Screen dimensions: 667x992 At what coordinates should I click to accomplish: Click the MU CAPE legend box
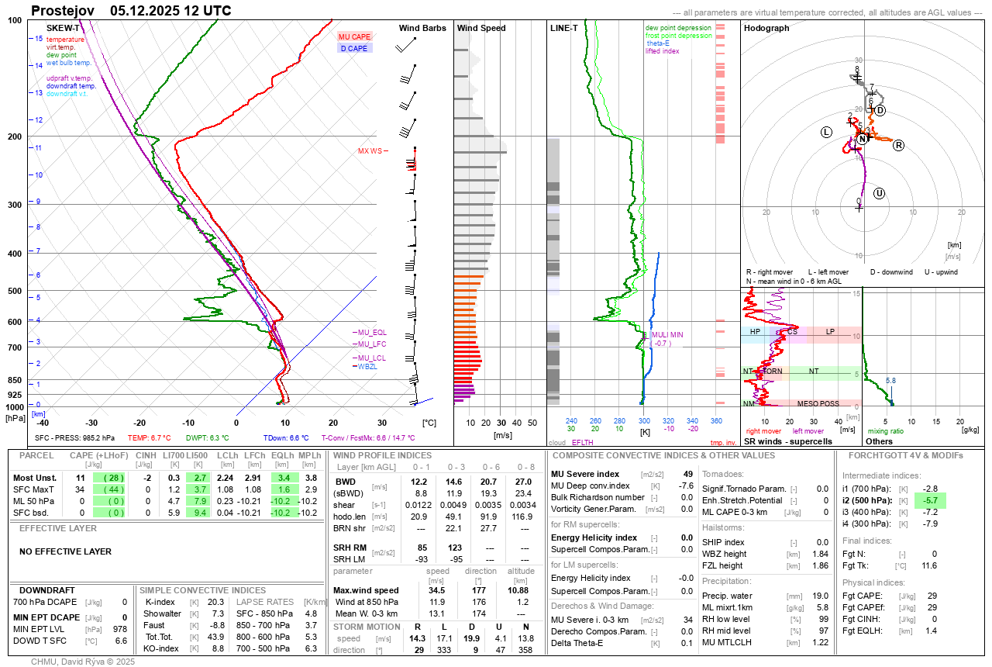(354, 36)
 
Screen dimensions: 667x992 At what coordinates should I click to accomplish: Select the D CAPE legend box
(354, 48)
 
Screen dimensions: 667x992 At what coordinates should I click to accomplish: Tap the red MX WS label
(370, 150)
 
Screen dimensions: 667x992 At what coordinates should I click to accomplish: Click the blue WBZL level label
(366, 366)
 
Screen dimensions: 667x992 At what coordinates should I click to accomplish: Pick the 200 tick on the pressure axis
(15, 137)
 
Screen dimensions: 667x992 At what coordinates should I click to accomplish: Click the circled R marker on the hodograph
(899, 145)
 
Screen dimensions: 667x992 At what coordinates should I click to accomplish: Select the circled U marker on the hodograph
(879, 193)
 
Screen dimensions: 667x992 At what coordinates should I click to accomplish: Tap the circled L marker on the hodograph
(826, 132)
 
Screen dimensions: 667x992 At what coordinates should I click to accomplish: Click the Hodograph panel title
(766, 28)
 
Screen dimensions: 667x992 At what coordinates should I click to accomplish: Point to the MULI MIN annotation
(667, 334)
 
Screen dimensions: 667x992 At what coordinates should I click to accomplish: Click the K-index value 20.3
(216, 602)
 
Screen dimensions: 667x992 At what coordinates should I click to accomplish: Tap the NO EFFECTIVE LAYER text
(65, 551)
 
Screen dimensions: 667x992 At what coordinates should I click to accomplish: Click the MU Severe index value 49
(687, 474)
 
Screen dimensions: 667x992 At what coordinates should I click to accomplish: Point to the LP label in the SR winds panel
(830, 332)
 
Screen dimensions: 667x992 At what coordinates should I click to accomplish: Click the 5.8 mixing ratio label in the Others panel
(891, 381)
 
